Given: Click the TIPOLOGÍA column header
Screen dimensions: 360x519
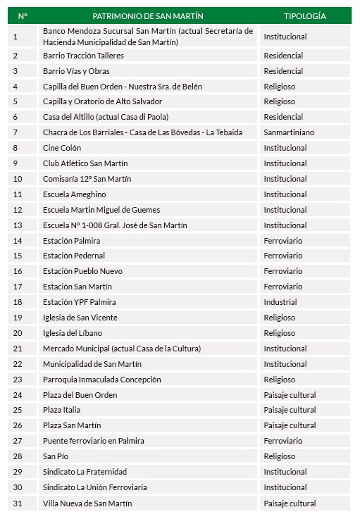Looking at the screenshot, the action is pos(304,15).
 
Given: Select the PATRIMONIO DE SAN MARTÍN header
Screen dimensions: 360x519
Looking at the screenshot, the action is pos(147,15).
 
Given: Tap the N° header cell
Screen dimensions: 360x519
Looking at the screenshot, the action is pos(22,15).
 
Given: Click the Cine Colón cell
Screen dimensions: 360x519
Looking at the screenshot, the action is pos(62,148).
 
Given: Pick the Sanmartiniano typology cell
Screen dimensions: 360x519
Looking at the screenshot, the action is pos(289,132).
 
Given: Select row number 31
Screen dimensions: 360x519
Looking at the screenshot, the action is pos(18,503).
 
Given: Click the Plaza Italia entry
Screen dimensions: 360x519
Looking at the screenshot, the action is pos(61,410).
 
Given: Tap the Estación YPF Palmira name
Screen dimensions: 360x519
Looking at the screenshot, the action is pos(80,302).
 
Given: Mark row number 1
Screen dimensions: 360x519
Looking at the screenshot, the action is pos(15,36).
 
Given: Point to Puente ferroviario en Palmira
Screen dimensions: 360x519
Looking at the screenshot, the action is pos(94,441).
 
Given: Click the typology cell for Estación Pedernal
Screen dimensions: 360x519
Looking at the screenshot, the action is pos(284,256).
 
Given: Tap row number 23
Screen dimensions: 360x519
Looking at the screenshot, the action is pos(18,380).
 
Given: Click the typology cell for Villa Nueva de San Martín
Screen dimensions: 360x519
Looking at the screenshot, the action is pos(290,503).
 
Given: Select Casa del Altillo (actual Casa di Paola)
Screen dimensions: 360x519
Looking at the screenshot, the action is pos(106,117).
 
